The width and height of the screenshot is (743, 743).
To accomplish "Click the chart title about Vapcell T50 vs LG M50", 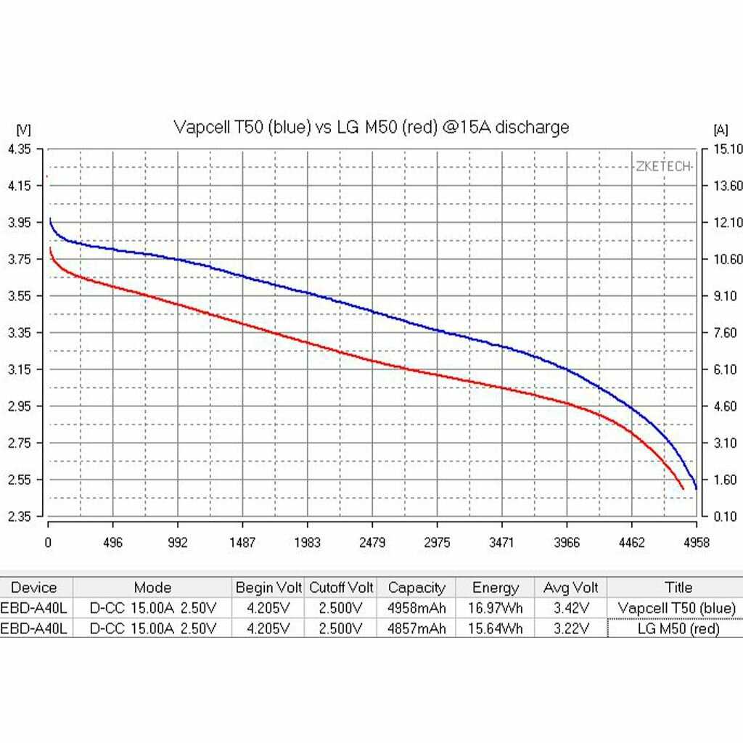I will click(x=371, y=128).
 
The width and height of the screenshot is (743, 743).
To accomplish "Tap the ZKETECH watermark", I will click(x=664, y=166).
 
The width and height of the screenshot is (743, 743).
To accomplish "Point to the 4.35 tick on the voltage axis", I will click(x=20, y=149).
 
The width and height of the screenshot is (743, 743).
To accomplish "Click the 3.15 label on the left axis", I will click(x=20, y=370).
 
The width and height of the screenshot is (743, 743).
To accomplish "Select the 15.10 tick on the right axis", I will click(x=728, y=149).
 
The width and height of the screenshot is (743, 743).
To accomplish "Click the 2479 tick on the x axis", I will click(x=372, y=543).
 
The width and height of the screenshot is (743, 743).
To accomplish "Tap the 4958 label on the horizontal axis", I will click(x=696, y=543).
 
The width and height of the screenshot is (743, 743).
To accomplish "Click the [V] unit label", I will click(x=22, y=130).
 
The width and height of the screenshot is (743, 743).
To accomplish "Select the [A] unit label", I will click(x=721, y=130).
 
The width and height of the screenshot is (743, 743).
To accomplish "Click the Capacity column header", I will click(x=416, y=588).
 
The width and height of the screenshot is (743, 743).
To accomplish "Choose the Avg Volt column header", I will click(x=571, y=588).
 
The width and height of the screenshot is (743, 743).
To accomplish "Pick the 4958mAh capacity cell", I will click(x=416, y=608).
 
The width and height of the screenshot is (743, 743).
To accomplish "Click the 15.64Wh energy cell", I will click(x=496, y=629).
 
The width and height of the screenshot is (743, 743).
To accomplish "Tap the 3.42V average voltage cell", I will click(x=571, y=608).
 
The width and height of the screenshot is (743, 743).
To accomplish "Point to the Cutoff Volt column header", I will click(x=341, y=588).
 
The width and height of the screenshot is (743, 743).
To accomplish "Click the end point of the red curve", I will click(x=683, y=489).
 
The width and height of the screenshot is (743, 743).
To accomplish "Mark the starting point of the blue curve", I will click(x=49, y=218).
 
